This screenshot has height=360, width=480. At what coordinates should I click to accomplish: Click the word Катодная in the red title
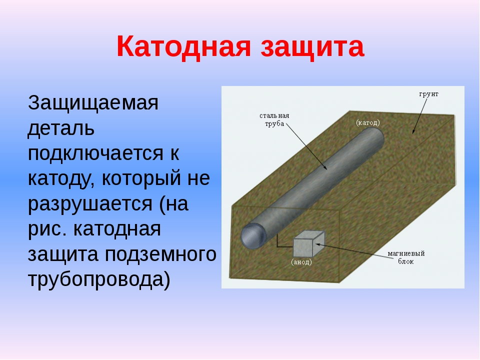click(x=183, y=46)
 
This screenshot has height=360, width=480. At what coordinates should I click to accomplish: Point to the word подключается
click(x=95, y=153)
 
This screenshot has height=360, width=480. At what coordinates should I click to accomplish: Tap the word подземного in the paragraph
click(x=160, y=254)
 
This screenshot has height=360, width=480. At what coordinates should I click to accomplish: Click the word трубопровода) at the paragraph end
click(x=99, y=280)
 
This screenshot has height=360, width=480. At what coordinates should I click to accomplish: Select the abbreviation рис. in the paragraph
click(x=47, y=229)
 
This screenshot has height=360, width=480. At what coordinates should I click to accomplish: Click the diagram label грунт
click(x=428, y=94)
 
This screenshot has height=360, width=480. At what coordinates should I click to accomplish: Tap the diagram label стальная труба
click(x=274, y=119)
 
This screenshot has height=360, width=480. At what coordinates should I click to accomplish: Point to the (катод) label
click(x=367, y=123)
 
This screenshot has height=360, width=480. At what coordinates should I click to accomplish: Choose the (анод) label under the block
click(x=301, y=262)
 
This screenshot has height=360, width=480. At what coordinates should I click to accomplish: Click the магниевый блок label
click(x=406, y=257)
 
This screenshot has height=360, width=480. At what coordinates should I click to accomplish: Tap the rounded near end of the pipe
click(x=253, y=235)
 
